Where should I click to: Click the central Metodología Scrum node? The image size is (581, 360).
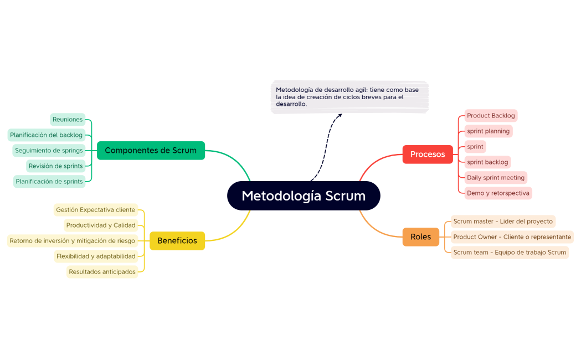(304, 196)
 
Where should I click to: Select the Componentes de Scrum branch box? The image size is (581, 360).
(151, 150)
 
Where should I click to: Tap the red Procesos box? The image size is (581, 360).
(428, 154)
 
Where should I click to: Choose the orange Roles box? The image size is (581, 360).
(420, 236)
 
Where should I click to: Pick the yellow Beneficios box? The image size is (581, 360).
(177, 240)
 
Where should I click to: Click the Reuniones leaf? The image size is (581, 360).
(68, 119)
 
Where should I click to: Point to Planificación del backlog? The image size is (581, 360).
(47, 135)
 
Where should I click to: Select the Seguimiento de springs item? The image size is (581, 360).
(49, 150)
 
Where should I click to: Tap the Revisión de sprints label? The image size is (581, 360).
(55, 166)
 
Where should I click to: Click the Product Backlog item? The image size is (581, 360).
(491, 116)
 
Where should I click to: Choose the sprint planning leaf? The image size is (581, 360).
(488, 131)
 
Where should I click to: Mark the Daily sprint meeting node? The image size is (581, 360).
(496, 178)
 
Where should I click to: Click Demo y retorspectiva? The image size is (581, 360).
(498, 193)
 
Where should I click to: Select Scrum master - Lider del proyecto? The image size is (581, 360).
(503, 222)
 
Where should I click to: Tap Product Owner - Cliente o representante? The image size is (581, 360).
(512, 237)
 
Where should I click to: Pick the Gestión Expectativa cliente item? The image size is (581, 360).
(95, 210)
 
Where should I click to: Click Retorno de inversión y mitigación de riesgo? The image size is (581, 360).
(72, 241)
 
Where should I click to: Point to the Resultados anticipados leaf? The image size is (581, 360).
(102, 272)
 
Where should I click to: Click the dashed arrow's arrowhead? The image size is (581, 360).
(340, 115)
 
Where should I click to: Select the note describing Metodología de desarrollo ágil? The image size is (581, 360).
(349, 97)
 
